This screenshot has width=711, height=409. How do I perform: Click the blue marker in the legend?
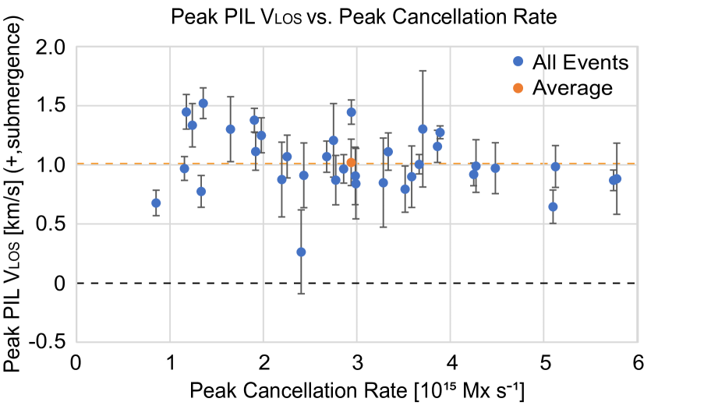point(518,62)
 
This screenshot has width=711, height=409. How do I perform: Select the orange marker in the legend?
point(518,88)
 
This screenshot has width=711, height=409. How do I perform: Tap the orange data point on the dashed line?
point(351,162)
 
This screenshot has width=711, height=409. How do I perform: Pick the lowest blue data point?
point(301,252)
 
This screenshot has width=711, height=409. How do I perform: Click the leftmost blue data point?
point(156,203)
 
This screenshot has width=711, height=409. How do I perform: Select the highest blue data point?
point(203,103)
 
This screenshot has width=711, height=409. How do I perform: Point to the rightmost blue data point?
point(617,179)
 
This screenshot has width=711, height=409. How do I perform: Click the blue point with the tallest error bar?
point(423,129)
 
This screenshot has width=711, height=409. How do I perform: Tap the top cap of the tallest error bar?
point(423,71)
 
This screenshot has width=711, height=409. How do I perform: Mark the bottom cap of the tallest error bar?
point(423,187)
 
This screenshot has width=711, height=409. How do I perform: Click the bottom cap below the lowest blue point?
point(301,294)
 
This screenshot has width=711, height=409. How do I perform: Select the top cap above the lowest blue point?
point(301,210)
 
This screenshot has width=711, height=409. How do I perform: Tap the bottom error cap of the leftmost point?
point(156,215)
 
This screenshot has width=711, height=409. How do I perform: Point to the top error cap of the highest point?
point(203,88)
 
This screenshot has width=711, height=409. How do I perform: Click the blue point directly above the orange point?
point(351,112)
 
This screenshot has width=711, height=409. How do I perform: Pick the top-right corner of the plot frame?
point(637,47)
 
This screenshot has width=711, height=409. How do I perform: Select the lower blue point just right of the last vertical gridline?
point(553,206)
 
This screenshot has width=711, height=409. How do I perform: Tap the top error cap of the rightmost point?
point(617,143)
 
